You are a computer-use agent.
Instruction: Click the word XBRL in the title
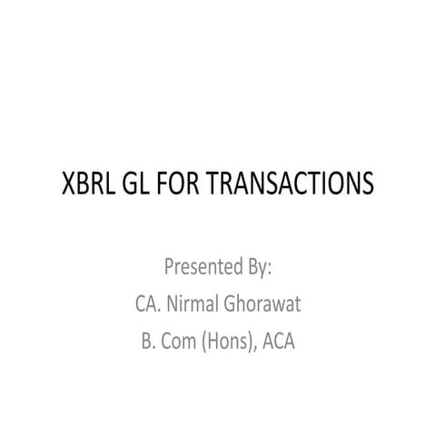tap(88, 184)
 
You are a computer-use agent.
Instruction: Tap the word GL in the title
tap(138, 184)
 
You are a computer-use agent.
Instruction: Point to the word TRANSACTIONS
tap(292, 184)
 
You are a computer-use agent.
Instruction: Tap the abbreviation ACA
tap(280, 342)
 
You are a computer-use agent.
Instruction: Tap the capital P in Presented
tap(169, 269)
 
